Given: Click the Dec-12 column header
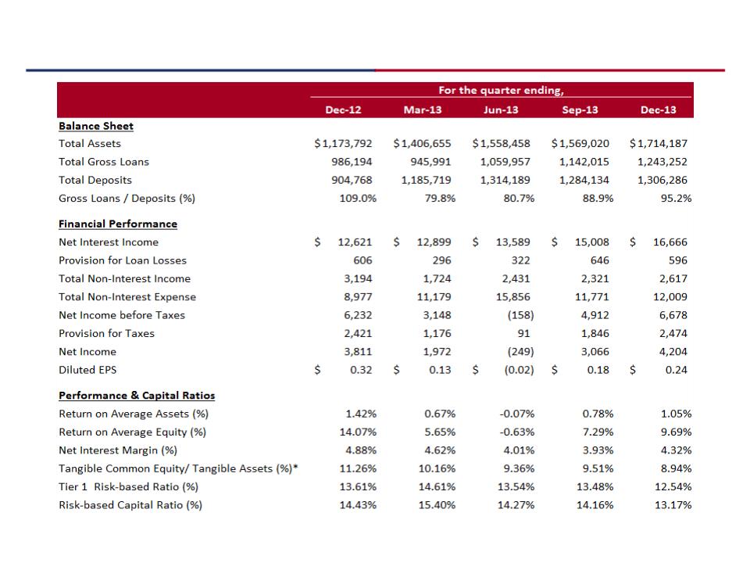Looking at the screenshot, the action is click(343, 109).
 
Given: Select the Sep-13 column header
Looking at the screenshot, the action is click(580, 109).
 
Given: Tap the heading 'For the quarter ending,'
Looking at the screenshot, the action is click(501, 90).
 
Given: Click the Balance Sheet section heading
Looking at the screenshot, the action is click(95, 126).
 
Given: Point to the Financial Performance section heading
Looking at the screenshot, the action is click(118, 224).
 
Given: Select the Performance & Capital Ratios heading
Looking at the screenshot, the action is click(137, 395).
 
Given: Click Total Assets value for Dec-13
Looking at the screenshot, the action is click(658, 143).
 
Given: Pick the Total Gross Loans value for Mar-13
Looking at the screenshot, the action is click(430, 162).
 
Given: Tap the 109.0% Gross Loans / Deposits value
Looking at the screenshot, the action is click(358, 198).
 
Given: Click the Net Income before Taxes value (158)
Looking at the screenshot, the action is click(520, 315).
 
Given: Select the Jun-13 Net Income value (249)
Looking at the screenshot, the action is click(520, 351).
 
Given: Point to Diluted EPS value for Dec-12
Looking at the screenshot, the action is click(361, 370).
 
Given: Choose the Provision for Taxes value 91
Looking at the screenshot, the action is click(523, 333).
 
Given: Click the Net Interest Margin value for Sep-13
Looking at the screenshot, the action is click(598, 450).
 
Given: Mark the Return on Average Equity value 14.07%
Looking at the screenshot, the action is click(358, 432).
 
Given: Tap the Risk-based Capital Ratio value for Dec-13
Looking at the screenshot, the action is click(673, 504).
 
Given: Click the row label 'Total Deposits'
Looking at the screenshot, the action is click(95, 180).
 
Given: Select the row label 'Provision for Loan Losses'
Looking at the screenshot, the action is click(123, 260).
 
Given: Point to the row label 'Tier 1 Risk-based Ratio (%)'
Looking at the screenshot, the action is click(128, 487).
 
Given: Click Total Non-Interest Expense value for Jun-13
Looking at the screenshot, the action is click(512, 297).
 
